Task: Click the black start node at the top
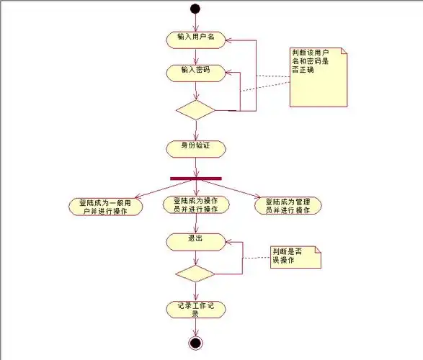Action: pos(195,9)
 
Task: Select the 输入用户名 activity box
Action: pos(195,38)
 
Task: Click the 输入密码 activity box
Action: pos(195,71)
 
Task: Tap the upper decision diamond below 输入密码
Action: pos(195,110)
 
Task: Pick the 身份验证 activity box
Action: pos(195,148)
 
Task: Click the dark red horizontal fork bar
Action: pos(195,178)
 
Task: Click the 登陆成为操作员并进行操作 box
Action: pos(196,205)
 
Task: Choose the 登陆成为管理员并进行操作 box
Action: pos(288,206)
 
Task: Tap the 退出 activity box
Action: pos(195,241)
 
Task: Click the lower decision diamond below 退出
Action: pos(195,274)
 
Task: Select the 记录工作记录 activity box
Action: pos(195,309)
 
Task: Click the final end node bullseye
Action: pos(195,343)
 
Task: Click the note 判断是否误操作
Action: pos(295,256)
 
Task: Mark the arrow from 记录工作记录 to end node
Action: pos(195,326)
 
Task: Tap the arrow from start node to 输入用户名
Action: pos(195,22)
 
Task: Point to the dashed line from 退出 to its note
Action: pos(255,258)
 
